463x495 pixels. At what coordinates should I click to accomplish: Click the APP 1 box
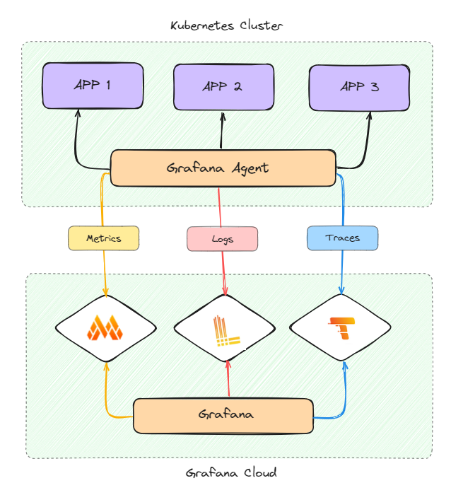tap(93, 86)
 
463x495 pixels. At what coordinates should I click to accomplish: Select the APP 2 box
tap(223, 87)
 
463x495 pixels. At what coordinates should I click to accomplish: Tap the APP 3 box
tap(359, 87)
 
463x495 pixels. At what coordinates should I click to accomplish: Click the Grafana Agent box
tap(223, 168)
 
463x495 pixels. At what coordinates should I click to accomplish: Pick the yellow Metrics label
tap(103, 238)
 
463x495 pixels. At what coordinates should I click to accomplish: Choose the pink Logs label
tap(222, 239)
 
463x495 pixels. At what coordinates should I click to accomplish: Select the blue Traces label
tap(342, 238)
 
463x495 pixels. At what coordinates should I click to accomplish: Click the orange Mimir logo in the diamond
tap(105, 327)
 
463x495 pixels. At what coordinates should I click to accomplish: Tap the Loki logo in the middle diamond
tap(224, 330)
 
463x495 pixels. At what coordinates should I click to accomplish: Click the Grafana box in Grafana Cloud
tap(223, 415)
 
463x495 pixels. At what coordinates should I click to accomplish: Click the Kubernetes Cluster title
tap(226, 26)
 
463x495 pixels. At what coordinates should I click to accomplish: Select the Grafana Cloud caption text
tap(231, 473)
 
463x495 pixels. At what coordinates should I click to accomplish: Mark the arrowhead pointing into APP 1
tap(77, 113)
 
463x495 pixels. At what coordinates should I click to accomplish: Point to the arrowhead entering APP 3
tap(368, 115)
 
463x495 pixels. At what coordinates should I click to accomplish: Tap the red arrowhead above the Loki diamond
tap(225, 291)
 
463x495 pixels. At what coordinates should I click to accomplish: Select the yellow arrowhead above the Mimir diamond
tap(105, 291)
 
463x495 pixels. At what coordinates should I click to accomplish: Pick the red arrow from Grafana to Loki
tap(228, 382)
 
